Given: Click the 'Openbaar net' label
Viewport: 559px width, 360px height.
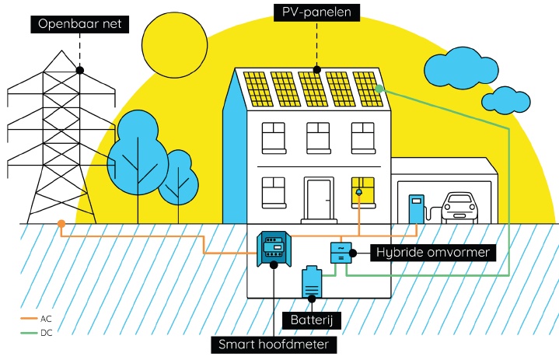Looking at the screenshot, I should tap(79, 23).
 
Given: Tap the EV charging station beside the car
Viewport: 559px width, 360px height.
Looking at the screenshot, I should tap(417, 208).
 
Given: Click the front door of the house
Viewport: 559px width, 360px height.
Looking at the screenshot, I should tap(319, 200).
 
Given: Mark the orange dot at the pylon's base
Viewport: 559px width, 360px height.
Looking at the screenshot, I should tap(61, 225).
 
